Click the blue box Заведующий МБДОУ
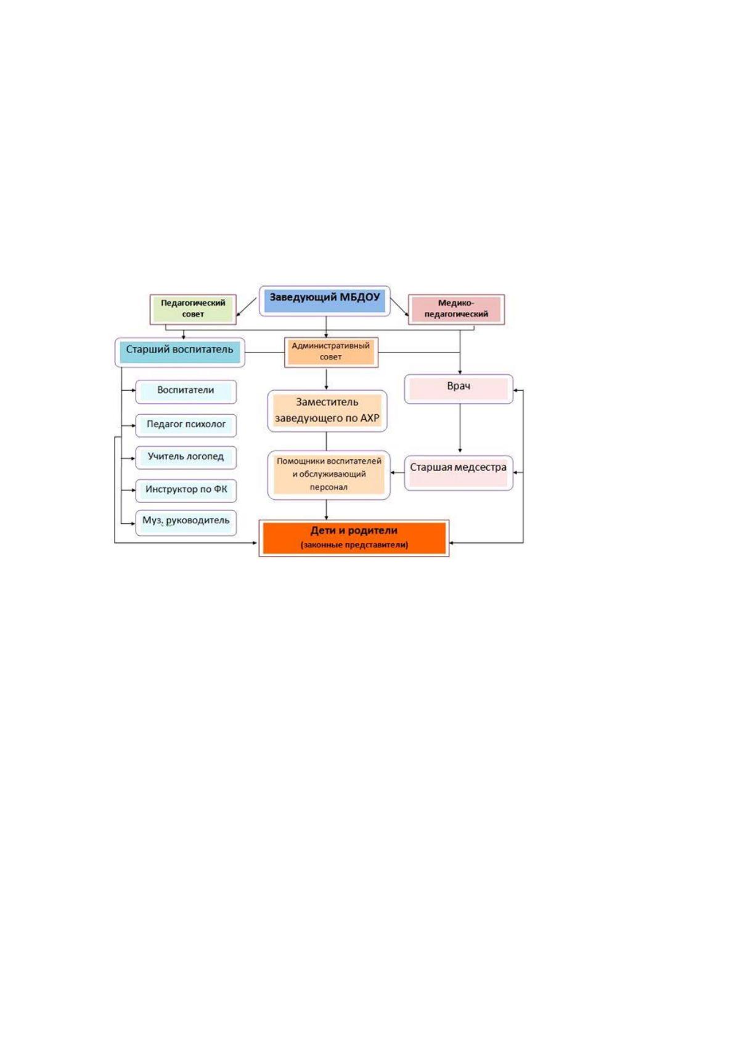[324, 301]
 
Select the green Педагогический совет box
[193, 309]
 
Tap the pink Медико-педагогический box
[456, 309]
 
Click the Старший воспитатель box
[180, 352]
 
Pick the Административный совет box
[331, 352]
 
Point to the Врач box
[459, 389]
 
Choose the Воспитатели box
[186, 391]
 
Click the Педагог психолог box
[186, 425]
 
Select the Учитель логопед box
[186, 457]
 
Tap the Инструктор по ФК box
[186, 490]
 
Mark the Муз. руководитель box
[186, 523]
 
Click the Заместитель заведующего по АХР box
[327, 411]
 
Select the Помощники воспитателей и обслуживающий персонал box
[328, 475]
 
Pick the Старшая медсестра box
[459, 473]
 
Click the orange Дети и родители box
[354, 538]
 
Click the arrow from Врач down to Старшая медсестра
[460, 428]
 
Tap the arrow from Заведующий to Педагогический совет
[247, 307]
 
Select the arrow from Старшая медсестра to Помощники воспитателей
[398, 473]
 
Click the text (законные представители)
[354, 545]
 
